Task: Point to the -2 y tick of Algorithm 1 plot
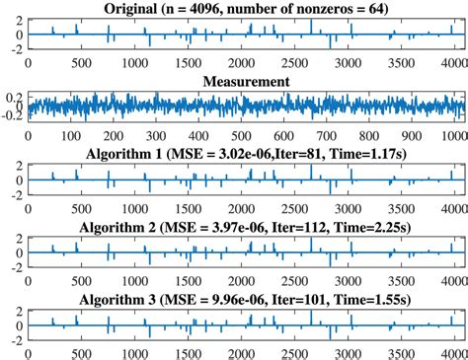coord(17,193)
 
